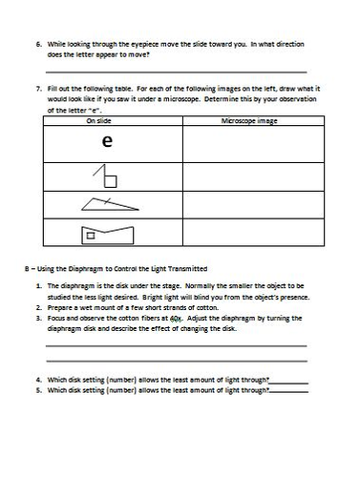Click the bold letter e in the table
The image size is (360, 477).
pyautogui.click(x=108, y=144)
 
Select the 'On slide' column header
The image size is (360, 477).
pyautogui.click(x=107, y=122)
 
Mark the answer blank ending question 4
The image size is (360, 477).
pyautogui.click(x=289, y=379)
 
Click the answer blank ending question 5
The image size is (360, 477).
pyautogui.click(x=289, y=389)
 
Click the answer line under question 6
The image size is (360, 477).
pyautogui.click(x=181, y=70)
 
